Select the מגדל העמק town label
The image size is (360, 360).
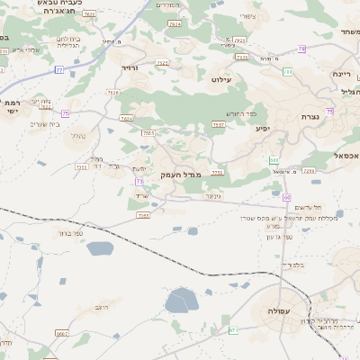[x=177, y=174]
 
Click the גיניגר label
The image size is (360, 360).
[x=212, y=195]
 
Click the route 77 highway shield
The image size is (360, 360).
[x=59, y=69]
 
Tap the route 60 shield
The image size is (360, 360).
[x=286, y=196]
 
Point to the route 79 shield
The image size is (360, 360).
[x=301, y=49]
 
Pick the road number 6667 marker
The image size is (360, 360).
[x=62, y=333]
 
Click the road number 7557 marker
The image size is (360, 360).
[x=218, y=124]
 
